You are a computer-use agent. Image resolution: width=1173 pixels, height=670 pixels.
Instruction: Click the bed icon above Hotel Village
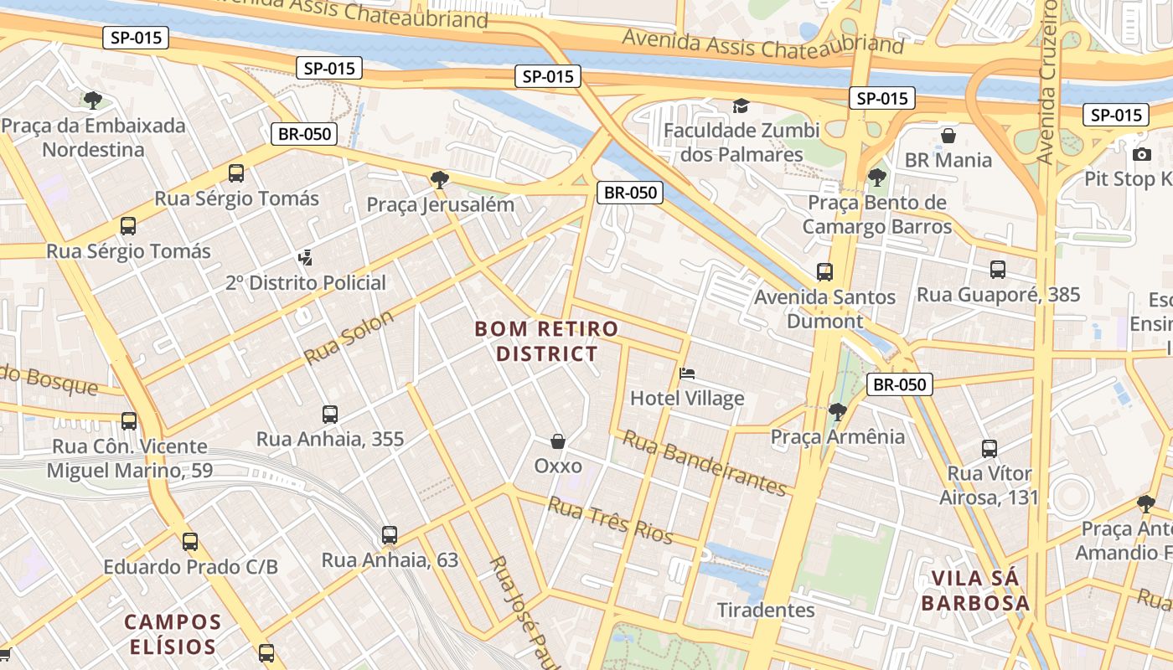tap(687, 373)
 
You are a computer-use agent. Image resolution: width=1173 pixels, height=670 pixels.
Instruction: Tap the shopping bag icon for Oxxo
tap(558, 441)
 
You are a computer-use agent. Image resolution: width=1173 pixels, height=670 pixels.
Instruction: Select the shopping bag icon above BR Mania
tap(948, 136)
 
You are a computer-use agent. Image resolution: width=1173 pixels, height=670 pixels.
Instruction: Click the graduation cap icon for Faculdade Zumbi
tap(741, 106)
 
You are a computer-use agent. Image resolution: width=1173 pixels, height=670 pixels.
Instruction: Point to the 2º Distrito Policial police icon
tap(306, 258)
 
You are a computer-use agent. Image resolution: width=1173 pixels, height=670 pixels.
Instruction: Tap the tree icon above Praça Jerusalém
tap(439, 179)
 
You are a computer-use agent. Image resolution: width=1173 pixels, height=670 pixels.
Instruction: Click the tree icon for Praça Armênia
tap(837, 411)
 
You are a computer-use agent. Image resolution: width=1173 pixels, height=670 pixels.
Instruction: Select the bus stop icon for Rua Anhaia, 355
tap(330, 415)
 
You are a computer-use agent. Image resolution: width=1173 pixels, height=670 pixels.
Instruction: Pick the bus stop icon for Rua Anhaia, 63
tap(390, 535)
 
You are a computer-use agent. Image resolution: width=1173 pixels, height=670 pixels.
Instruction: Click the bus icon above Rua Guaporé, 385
tap(998, 270)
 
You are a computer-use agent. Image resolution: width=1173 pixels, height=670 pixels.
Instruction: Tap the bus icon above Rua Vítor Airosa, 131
tap(990, 449)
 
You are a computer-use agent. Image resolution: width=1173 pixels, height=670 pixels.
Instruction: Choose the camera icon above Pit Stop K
tap(1141, 154)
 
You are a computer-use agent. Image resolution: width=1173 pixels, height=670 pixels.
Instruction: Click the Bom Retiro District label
tap(547, 341)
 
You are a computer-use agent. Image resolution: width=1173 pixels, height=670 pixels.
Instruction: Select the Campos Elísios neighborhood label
tap(173, 634)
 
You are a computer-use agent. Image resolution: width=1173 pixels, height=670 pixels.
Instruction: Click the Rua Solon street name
tap(349, 338)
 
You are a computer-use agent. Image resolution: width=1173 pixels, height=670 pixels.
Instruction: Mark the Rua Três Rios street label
tap(610, 518)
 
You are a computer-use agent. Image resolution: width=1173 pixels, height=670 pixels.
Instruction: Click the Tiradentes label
tap(766, 610)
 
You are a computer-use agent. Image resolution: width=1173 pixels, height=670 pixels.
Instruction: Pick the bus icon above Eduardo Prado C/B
tap(190, 542)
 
